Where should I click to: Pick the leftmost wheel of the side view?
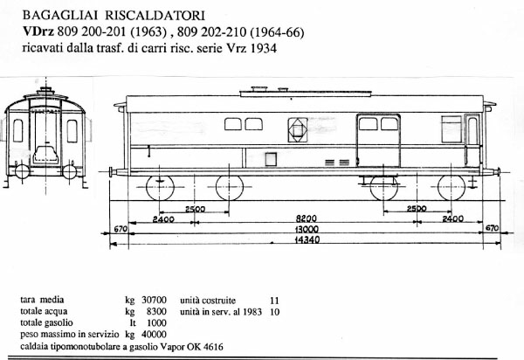[160, 188]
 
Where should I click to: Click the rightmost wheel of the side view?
[452, 188]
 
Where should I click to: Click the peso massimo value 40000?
[155, 334]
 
